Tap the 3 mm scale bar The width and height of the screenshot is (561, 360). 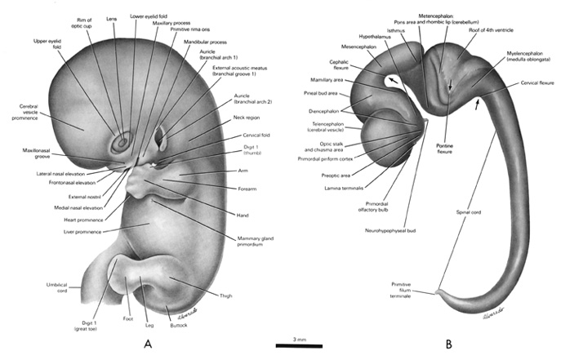pos(300,346)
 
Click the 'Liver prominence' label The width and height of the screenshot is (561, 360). pos(82,232)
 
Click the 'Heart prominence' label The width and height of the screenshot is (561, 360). pos(84,220)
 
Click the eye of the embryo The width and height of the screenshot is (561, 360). pos(122,142)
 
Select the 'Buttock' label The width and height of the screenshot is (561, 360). pos(179,325)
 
